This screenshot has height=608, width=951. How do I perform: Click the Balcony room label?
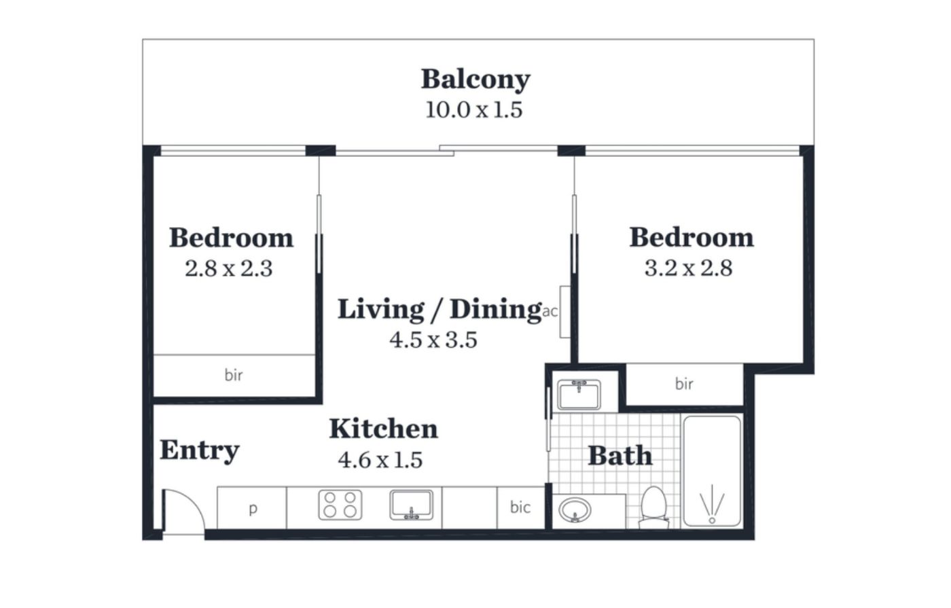coord(475,79)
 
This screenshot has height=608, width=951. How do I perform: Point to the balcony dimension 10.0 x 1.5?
coord(474,110)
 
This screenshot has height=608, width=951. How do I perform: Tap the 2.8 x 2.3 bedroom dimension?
coord(228,269)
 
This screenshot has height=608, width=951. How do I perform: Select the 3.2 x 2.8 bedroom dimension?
coord(688,268)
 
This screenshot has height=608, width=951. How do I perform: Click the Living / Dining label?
coord(439,310)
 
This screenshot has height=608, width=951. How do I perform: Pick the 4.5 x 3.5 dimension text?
coord(433,340)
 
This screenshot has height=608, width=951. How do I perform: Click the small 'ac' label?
coord(550,312)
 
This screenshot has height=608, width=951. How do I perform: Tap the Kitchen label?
coord(383,429)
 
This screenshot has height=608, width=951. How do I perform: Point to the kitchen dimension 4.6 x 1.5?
coord(380,461)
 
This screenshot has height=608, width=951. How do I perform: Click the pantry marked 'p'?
coord(252,508)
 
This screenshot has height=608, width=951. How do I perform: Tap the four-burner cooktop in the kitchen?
coord(340,505)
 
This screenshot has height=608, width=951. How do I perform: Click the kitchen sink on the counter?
coord(412,505)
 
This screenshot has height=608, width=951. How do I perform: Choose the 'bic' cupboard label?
coord(520,507)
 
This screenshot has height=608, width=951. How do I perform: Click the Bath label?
coord(620,456)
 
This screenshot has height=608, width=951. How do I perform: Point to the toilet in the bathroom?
coord(653,507)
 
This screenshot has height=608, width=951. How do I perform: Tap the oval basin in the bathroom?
coord(575,510)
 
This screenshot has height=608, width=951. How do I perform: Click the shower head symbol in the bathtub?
coord(712,504)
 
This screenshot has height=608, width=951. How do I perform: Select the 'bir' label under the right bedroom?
coord(684,384)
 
